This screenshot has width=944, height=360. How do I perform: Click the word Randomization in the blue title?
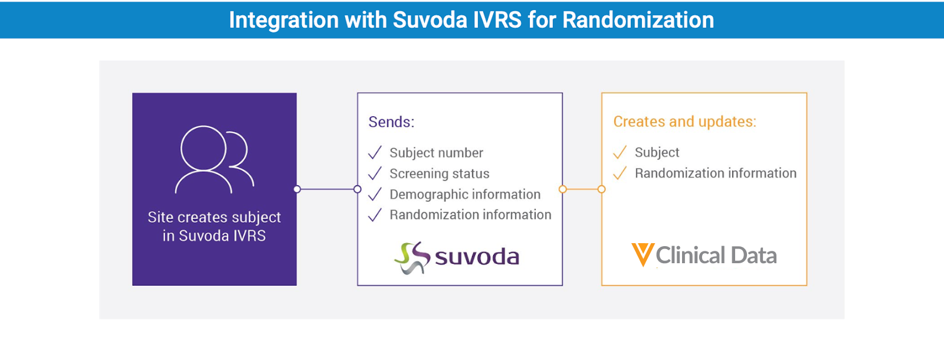tap(638, 20)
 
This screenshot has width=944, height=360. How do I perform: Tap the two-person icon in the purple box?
tap(215, 159)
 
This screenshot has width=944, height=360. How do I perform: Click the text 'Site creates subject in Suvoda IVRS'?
tap(214, 227)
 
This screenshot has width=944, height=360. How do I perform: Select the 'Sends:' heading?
tap(392, 122)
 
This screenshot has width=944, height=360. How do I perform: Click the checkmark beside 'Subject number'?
tap(375, 153)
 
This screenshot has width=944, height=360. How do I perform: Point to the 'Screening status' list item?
tap(440, 174)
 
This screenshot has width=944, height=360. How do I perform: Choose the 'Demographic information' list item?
tap(465, 194)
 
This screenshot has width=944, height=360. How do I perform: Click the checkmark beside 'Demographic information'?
tap(375, 194)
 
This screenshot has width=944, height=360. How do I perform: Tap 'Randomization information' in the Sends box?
tap(470, 215)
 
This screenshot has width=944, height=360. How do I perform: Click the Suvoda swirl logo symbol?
tap(412, 257)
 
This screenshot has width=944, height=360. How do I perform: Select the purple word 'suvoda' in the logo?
tap(477, 257)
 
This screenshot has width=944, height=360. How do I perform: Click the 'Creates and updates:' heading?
tap(685, 122)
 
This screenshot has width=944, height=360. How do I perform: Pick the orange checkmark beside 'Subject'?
tap(619, 152)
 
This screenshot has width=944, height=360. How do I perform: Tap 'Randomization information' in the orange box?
tap(716, 174)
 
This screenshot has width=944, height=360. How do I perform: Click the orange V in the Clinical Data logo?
tap(643, 254)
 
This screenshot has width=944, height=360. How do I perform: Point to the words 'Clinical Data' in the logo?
tap(716, 256)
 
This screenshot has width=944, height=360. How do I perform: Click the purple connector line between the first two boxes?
tap(327, 189)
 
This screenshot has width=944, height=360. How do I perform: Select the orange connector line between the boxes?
tap(582, 189)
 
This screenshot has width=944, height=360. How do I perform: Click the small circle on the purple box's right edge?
tap(297, 189)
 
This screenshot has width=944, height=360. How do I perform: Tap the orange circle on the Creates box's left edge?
tap(602, 189)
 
